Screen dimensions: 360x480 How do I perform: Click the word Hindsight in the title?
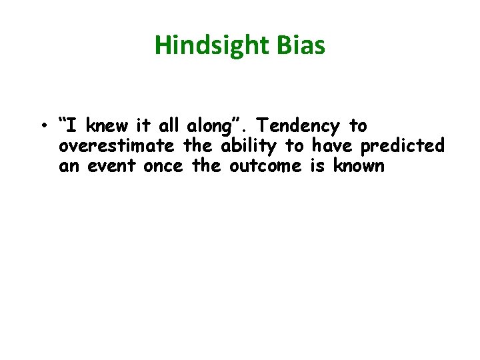(211, 45)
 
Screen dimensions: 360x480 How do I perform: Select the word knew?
(104, 126)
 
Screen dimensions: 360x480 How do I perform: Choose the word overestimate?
(117, 146)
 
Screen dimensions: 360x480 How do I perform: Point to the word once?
(163, 166)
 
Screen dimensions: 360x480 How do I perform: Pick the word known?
(358, 166)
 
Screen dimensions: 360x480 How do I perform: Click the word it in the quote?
(144, 126)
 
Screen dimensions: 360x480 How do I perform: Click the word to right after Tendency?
(358, 126)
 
